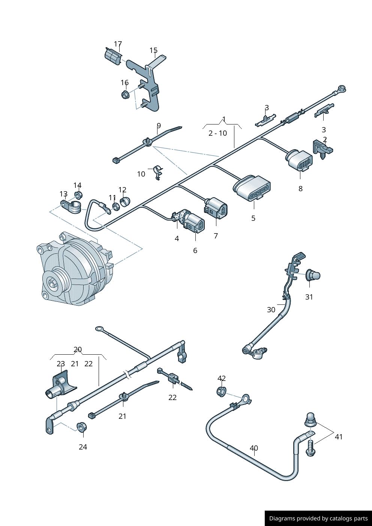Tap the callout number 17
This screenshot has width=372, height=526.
(118, 44)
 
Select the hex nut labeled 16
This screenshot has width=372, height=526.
(125, 94)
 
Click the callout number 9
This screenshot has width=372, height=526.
(159, 126)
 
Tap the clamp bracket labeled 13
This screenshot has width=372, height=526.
(71, 206)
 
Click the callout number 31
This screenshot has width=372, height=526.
(309, 297)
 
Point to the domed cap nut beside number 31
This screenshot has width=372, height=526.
(312, 275)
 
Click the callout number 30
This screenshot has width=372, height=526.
(271, 310)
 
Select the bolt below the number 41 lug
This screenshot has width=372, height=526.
(310, 448)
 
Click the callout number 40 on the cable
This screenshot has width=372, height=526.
(254, 448)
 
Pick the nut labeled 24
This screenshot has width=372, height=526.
(81, 427)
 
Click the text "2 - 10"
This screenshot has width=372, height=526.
(217, 133)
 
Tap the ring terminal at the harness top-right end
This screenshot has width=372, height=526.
(341, 89)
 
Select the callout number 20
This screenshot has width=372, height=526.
(78, 349)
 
